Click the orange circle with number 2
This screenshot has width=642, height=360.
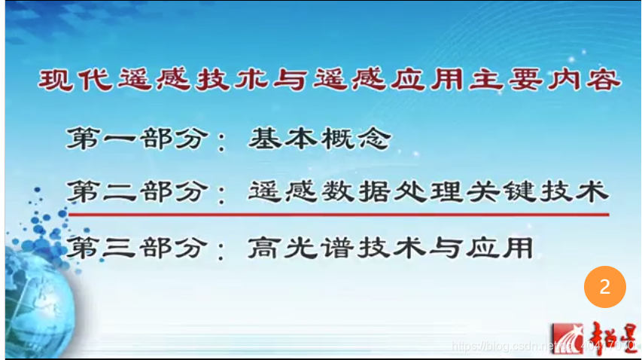tap(604, 287)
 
